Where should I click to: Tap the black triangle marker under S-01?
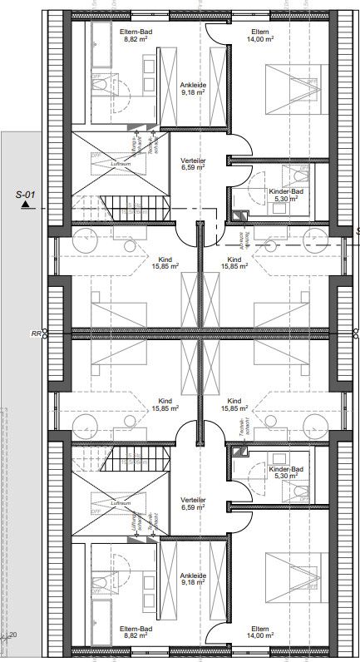coord(27,203)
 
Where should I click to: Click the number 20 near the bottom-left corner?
coord(12,635)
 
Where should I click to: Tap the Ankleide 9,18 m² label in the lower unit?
coord(192,576)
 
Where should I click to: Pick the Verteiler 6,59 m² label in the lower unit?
coord(193,504)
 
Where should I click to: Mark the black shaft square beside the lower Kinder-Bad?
coord(241,454)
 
